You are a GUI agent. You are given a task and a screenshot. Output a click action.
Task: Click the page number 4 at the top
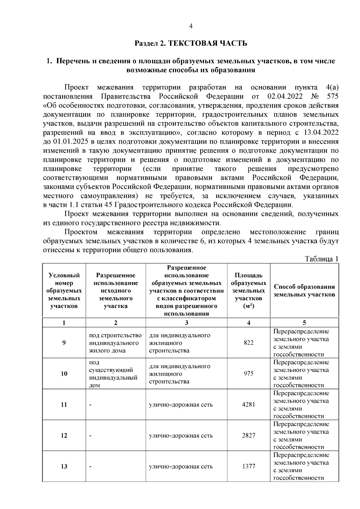[x=191, y=26]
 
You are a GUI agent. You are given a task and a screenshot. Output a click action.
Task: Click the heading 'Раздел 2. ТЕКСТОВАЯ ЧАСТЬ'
[x=191, y=43]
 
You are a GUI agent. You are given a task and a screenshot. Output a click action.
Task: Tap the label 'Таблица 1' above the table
[x=321, y=259]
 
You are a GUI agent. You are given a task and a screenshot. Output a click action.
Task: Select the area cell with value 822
[x=248, y=343]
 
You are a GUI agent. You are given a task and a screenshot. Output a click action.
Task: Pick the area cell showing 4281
[x=248, y=404]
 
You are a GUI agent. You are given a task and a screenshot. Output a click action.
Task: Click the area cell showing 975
[x=248, y=374]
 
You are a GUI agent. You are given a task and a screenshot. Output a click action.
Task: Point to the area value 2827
[x=248, y=435]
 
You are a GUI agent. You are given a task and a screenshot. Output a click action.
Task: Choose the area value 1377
[x=248, y=466]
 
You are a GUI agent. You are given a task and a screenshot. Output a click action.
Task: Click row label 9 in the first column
[x=64, y=343]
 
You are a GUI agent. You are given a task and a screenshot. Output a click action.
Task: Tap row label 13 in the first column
[x=64, y=466]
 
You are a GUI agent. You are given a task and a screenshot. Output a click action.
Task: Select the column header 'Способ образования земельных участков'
[x=304, y=290]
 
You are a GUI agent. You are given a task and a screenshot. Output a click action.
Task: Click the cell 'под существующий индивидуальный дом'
[x=113, y=374]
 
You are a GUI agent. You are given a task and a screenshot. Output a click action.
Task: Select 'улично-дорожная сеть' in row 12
[x=181, y=436]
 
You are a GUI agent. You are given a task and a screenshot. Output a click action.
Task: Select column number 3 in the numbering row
[x=186, y=323]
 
